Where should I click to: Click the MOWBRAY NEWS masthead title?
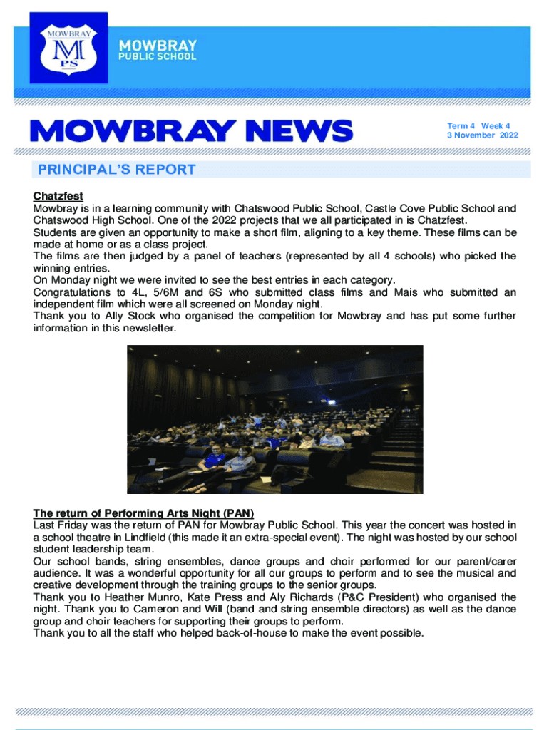click(190, 130)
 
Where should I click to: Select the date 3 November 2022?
click(483, 135)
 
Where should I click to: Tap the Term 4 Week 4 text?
click(478, 126)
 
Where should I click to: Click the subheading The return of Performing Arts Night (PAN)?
click(143, 513)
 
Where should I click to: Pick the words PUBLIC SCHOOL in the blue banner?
click(157, 56)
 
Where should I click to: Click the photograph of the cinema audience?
click(274, 419)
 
